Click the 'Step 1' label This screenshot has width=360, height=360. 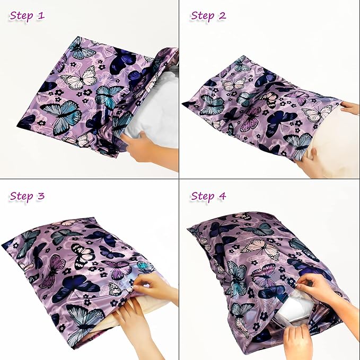pyautogui.click(x=27, y=16)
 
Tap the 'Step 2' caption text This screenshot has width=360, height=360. pyautogui.click(x=208, y=16)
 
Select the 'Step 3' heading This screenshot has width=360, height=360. pyautogui.click(x=27, y=197)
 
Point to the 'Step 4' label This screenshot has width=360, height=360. pyautogui.click(x=208, y=197)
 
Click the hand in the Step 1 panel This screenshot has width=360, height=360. pyautogui.click(x=141, y=148)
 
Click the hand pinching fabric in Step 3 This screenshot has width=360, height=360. pyautogui.click(x=154, y=286)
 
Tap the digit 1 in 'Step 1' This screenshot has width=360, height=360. pyautogui.click(x=41, y=16)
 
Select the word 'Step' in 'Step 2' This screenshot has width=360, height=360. pyautogui.click(x=202, y=16)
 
